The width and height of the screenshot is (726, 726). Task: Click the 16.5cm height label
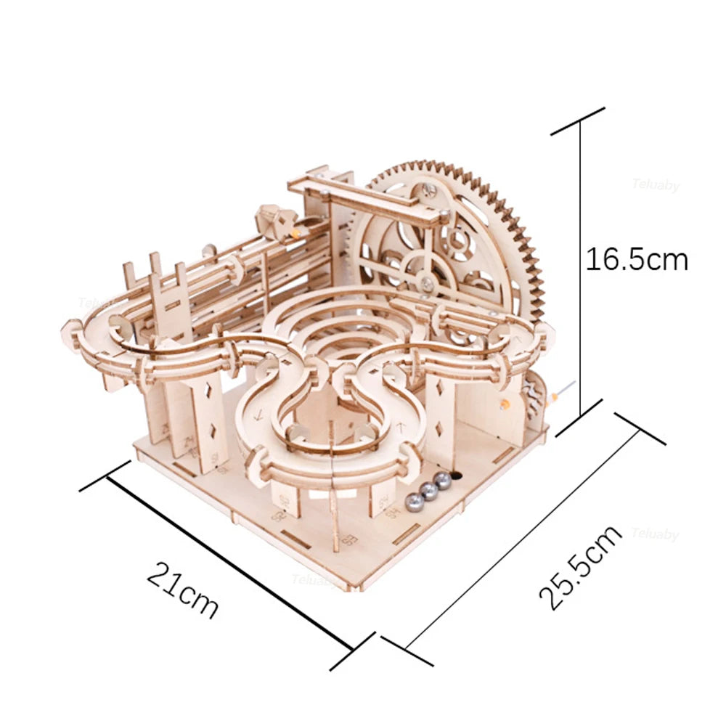tap(637, 259)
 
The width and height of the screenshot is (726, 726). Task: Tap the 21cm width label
tap(182, 587)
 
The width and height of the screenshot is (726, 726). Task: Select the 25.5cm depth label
tap(581, 566)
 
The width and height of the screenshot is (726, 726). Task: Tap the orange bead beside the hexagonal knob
tap(296, 233)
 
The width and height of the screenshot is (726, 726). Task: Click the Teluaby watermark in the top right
tap(655, 186)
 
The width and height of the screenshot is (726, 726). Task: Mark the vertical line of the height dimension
tap(579, 276)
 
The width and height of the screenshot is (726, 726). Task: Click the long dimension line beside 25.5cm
tap(523, 537)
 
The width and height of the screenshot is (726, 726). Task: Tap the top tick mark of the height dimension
tap(578, 121)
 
